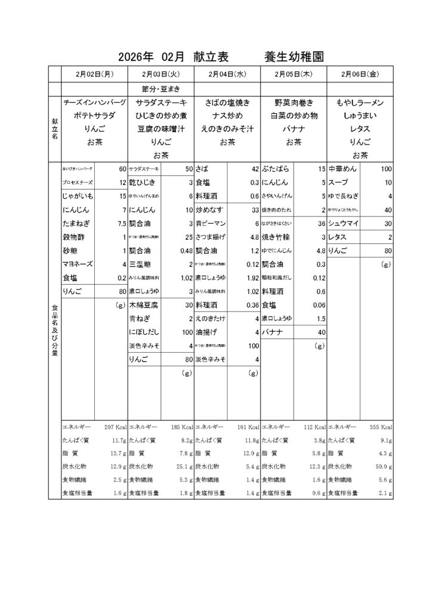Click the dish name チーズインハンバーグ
click(95, 102)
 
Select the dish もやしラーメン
click(359, 102)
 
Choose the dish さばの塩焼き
click(227, 102)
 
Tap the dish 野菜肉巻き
click(294, 102)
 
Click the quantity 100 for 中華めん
click(385, 169)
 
